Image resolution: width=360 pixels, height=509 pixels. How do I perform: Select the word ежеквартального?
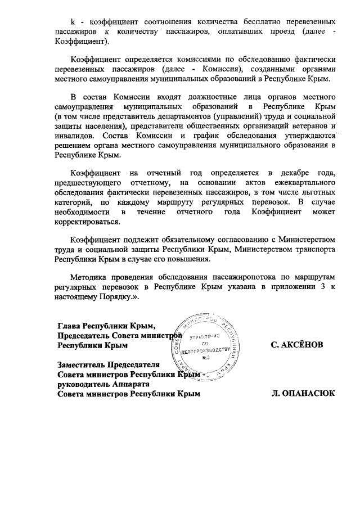(x=302, y=183)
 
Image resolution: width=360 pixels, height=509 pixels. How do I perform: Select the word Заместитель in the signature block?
(x=85, y=364)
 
